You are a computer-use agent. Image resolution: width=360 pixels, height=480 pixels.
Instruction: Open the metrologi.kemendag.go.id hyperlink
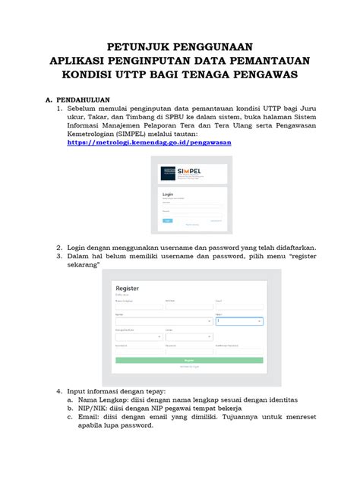149,142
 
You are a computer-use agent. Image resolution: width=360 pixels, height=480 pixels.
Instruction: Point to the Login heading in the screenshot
168,194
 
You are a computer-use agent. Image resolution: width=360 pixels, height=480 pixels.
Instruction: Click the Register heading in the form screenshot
127,289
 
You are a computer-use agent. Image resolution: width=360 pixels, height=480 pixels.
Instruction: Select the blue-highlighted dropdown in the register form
239,321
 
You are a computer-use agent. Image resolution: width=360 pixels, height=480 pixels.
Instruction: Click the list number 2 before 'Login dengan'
59,248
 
